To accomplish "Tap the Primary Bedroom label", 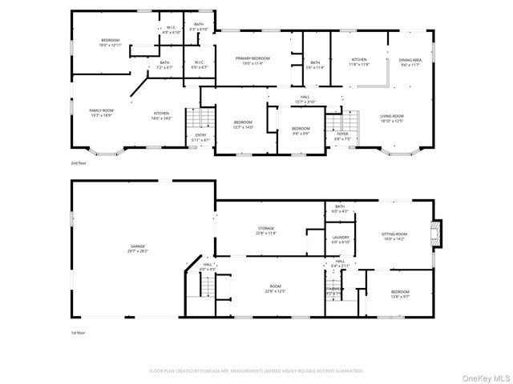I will [252, 58].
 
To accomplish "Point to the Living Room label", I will [392, 116].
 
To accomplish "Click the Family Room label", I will [101, 110].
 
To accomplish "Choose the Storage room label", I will [266, 228].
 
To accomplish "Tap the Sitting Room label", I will [394, 234].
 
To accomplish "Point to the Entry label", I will [200, 134].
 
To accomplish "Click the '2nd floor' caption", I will [78, 162].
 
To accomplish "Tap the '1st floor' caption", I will [78, 331].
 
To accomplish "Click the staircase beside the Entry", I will [197, 122].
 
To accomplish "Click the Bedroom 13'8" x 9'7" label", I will [399, 294].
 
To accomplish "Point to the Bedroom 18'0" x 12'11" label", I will [110, 42].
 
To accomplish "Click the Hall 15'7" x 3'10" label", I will [305, 99].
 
